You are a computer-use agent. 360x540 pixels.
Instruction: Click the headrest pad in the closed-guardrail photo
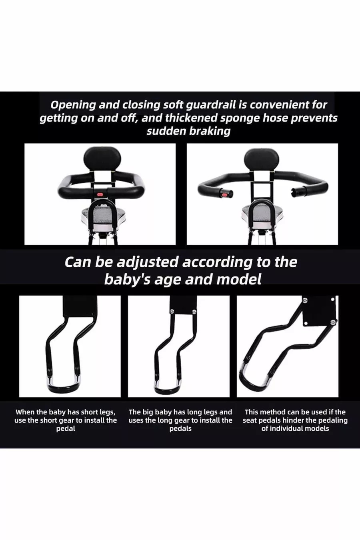coord(102,159)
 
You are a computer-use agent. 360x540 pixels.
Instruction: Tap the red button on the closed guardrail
coord(100,194)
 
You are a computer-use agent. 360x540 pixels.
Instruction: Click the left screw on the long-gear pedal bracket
coord(172,311)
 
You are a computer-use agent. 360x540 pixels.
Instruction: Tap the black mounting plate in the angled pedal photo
coord(319,311)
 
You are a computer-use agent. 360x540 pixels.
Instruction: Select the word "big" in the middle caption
coord(145,412)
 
